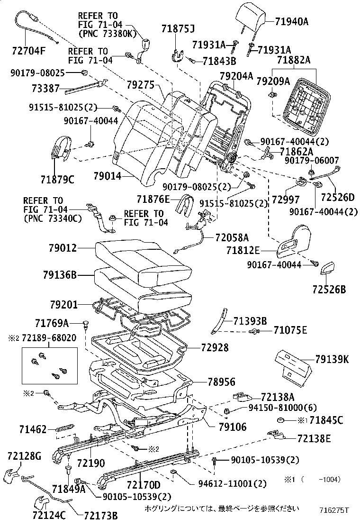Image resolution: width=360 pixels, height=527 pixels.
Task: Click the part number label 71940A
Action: (x=292, y=21)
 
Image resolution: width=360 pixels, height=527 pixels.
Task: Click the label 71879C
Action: (x=57, y=180)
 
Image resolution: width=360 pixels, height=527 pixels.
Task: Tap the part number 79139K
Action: (x=332, y=360)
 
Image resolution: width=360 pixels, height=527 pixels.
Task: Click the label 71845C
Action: (x=326, y=420)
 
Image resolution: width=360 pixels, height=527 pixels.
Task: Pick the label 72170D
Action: (x=144, y=485)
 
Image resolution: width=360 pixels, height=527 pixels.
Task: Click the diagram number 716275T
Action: (x=334, y=510)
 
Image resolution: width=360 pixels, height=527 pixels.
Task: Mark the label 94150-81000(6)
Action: (x=283, y=408)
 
